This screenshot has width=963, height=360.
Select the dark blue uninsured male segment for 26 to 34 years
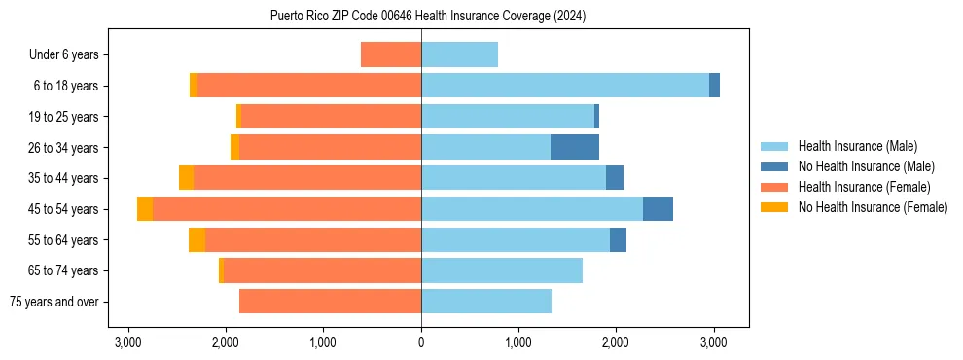pos(575,147)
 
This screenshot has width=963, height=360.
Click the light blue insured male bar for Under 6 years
pos(459,54)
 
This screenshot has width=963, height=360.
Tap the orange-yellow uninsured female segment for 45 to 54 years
pos(145,209)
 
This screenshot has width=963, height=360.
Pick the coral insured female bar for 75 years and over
pos(330,302)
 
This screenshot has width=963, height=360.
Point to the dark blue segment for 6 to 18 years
pos(714,86)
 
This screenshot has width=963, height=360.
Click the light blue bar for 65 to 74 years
pos(502,270)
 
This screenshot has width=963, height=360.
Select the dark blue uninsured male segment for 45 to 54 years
pos(658,209)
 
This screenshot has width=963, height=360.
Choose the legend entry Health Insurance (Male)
pos(853,147)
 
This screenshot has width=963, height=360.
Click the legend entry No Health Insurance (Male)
pos(860,166)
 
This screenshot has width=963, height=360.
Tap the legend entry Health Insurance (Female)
pos(857,187)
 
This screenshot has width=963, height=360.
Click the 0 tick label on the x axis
pos(421,342)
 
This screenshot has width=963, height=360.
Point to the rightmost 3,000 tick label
pos(714,342)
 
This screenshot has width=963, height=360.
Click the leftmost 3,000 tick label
pos(128,342)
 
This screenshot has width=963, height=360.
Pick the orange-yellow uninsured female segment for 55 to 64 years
pos(196,240)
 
